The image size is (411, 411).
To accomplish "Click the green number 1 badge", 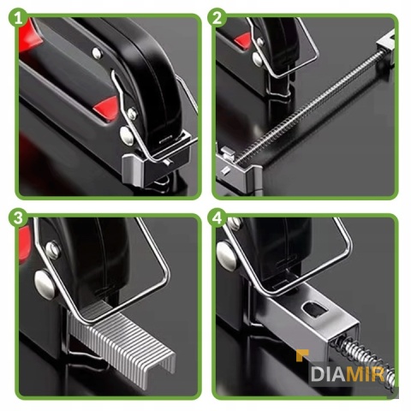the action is tap(19, 19).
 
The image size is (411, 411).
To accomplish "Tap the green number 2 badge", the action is tap(217, 19).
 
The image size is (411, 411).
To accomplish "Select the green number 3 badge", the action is tap(19, 218).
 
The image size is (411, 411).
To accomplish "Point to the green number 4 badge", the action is tap(217, 218).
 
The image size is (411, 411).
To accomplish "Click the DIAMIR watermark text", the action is tap(348, 374).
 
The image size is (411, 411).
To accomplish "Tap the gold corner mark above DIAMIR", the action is tap(302, 355).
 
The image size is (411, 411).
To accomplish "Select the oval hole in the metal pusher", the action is tap(314, 310).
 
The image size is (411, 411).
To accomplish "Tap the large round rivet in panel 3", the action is tap(45, 285).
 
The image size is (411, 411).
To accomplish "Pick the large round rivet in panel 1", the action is tap(127, 136).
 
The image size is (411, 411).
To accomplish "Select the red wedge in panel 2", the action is tap(242, 41).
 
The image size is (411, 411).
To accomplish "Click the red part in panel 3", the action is tap(25, 244).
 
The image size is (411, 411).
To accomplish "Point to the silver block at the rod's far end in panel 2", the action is tap(387, 45).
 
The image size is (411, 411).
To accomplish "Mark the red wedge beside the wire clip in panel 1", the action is tap(106, 108).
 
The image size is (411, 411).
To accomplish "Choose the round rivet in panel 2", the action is tap(258, 59).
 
